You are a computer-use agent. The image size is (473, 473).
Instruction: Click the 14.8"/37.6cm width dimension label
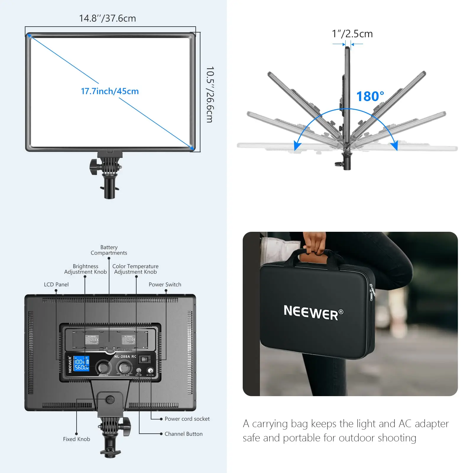pos(108,18)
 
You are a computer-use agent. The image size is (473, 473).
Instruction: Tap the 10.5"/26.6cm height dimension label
pos(210,94)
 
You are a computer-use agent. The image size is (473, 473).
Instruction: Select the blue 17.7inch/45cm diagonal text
pos(110,91)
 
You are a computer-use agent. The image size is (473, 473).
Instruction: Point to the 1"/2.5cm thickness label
pos(352,34)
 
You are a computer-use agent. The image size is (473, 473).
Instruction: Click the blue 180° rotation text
pos(370,96)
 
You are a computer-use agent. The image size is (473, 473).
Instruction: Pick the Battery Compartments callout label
pos(109,250)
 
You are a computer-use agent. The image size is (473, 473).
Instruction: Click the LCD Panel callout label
pos(56,284)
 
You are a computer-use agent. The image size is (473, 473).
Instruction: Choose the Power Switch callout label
pos(165,284)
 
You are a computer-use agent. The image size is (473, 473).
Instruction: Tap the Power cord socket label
pos(187,419)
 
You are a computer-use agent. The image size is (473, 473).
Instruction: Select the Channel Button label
pos(183,434)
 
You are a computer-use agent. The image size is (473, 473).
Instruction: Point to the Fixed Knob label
pos(76,439)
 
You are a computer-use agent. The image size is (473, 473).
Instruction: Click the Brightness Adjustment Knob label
pos(85,269)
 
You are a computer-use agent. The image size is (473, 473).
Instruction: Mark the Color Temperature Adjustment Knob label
pos(135,269)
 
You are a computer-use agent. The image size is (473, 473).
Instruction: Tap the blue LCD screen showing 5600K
pos(81,364)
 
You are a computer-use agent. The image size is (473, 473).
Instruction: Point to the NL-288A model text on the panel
pos(125,357)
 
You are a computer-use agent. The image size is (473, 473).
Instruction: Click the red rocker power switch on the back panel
pos(144,359)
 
